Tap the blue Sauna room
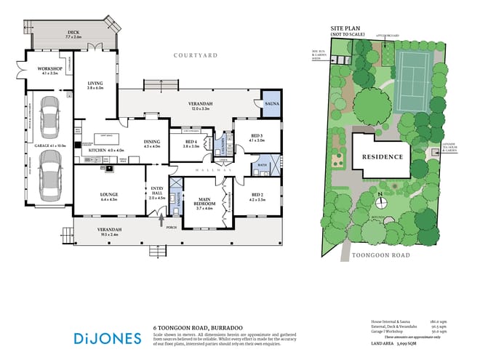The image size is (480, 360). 270,102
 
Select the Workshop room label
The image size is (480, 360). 49,71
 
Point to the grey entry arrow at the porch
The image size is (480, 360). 161,212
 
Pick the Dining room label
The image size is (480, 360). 151,143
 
